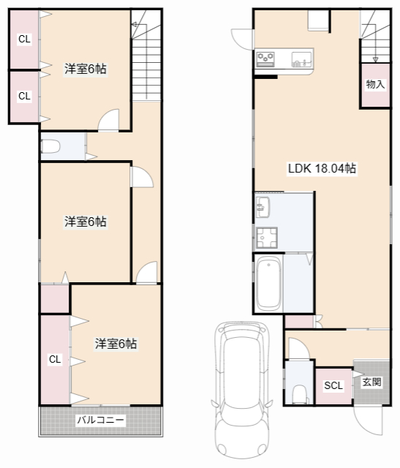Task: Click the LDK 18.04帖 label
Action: [322, 168]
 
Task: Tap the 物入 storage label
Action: [375, 85]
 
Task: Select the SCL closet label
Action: [333, 385]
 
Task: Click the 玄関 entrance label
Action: [371, 381]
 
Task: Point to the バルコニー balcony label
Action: [101, 420]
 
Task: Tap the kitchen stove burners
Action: [265, 58]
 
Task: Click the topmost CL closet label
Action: [24, 39]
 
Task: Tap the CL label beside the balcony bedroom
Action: [54, 359]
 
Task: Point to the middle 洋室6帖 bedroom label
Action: [85, 222]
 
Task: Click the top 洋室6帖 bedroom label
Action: [86, 69]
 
